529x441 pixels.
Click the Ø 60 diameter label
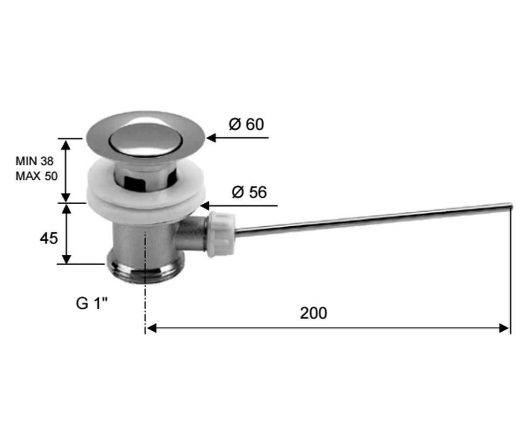coord(246,124)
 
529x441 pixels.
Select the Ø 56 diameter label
coord(249,192)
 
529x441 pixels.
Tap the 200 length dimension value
coord(313,313)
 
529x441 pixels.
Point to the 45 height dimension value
coord(48,238)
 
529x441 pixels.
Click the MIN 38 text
coord(34,161)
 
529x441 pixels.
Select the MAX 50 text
coord(37,176)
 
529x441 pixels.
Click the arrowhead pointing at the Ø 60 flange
coord(211,138)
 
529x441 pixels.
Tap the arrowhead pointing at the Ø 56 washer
coord(205,206)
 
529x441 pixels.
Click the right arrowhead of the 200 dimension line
coord(504,328)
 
